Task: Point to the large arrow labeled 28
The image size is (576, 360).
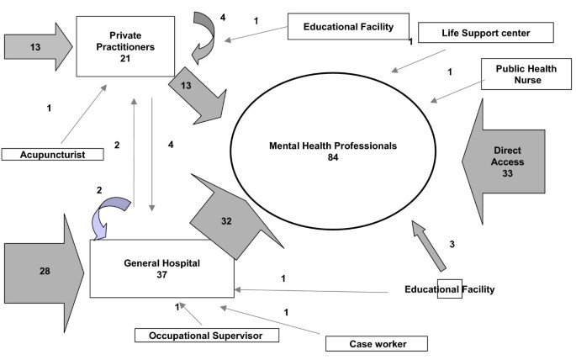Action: click(42, 270)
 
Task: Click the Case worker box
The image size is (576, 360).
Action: click(376, 343)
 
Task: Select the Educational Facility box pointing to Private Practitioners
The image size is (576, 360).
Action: click(348, 27)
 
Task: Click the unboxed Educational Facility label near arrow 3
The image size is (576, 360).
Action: click(449, 289)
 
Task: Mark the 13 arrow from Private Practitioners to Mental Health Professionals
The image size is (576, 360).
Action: click(196, 91)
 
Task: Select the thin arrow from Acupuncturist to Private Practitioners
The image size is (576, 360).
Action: click(84, 114)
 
